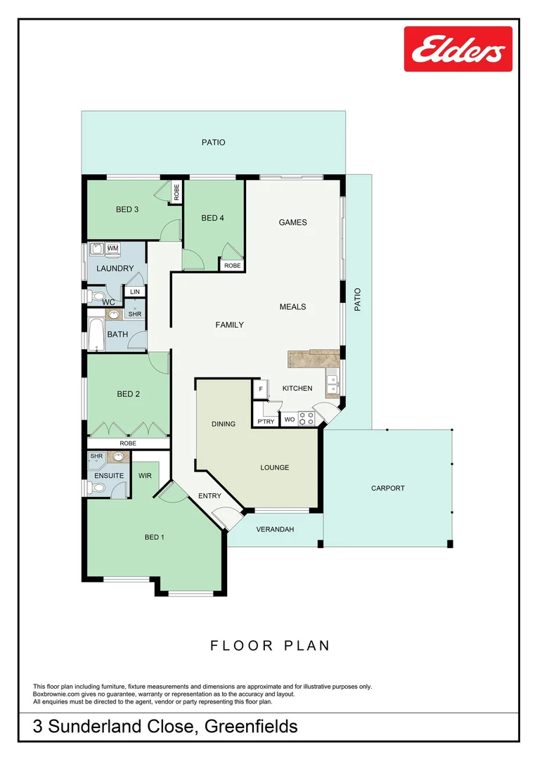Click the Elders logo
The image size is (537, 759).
(458, 49)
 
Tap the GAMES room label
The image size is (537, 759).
(293, 223)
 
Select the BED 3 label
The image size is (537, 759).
(127, 209)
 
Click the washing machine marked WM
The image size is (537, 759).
(112, 249)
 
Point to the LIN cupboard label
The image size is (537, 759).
(135, 292)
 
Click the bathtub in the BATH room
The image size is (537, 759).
(96, 335)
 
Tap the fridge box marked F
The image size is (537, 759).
(261, 389)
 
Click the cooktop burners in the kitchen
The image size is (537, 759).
(306, 419)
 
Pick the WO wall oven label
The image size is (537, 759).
(289, 420)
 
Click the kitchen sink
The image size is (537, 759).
(332, 386)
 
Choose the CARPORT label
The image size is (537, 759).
(388, 488)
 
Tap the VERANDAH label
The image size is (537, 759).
(274, 530)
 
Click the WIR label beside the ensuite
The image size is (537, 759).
(145, 476)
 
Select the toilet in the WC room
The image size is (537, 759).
(96, 295)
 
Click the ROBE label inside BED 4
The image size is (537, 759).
(232, 266)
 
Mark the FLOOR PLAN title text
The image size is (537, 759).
(270, 645)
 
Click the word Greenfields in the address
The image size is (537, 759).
(250, 726)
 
